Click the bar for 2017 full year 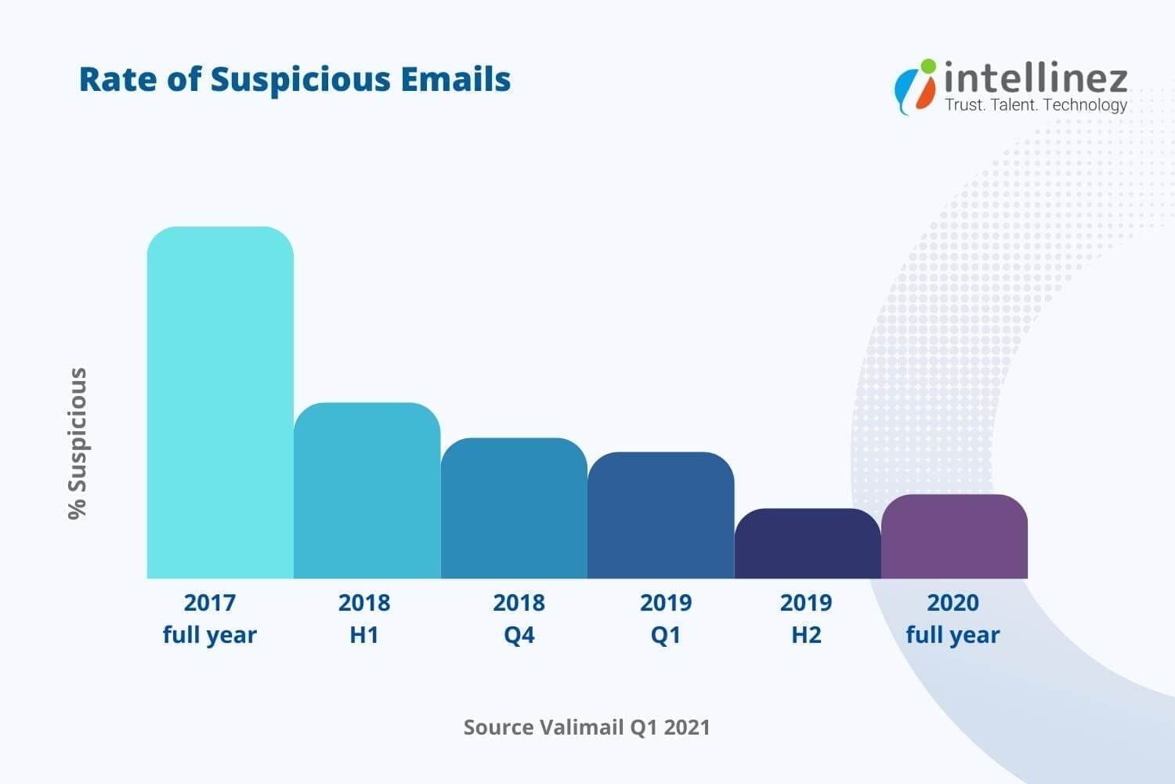(x=220, y=403)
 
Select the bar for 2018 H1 (x=367, y=491)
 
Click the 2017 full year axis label (x=209, y=619)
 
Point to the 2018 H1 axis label (x=364, y=619)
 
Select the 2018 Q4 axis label (x=519, y=619)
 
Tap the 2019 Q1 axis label (x=666, y=619)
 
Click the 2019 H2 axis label (x=806, y=619)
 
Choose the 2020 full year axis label (x=953, y=619)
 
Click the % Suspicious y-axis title (x=78, y=443)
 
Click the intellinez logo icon (x=916, y=85)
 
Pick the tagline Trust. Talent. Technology (x=1036, y=105)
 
